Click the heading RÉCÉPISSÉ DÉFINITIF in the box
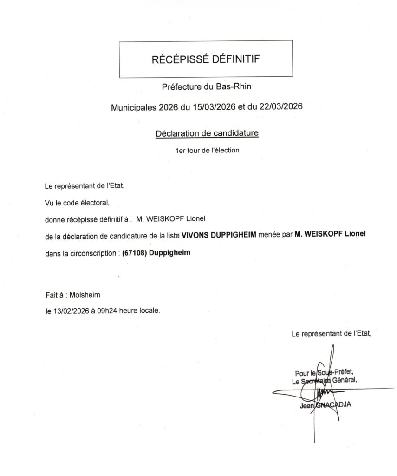[x=206, y=59]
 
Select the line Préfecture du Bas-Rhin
[x=207, y=86]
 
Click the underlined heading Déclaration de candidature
[x=207, y=133]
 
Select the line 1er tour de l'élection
[x=207, y=151]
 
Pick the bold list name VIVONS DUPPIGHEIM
[x=219, y=236]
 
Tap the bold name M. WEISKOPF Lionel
[x=330, y=236]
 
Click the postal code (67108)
[x=133, y=253]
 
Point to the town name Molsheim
[x=84, y=295]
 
